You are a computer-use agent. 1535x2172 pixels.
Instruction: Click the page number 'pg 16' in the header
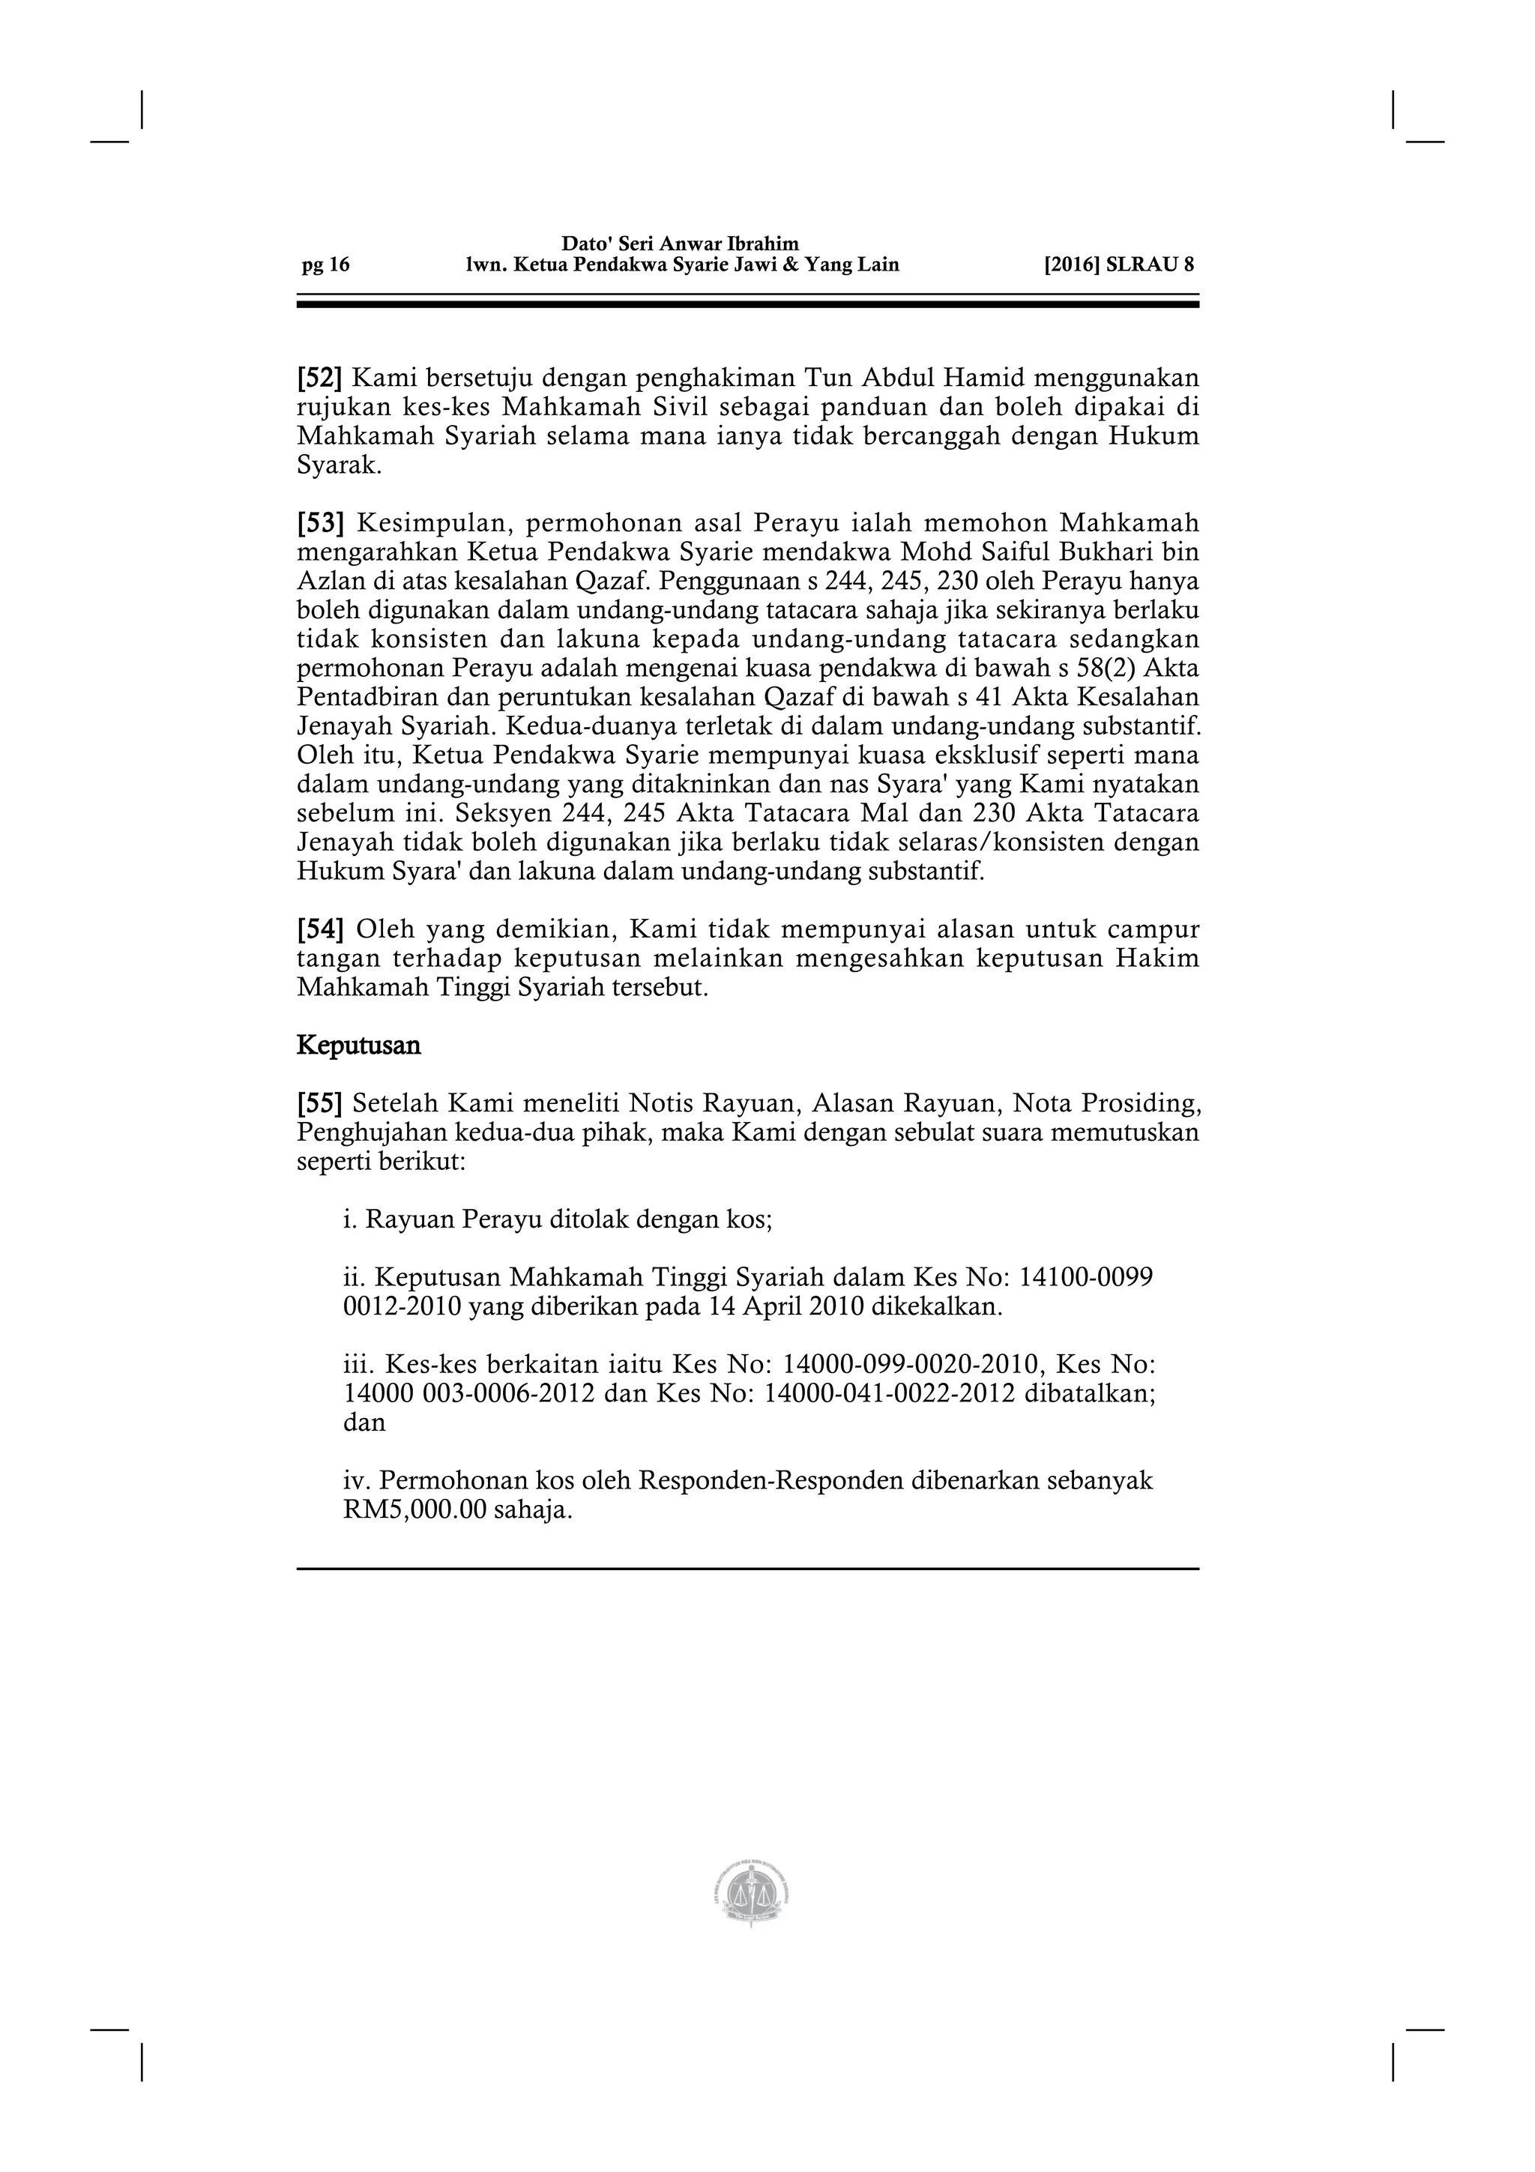tap(325, 265)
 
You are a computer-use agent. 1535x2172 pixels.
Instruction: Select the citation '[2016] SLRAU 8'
tap(1119, 265)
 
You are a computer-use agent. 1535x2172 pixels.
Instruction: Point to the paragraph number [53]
tap(320, 523)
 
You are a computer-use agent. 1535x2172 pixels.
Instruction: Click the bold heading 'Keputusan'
tap(358, 1046)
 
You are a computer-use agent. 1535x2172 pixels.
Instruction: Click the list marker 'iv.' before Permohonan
tap(358, 1480)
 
